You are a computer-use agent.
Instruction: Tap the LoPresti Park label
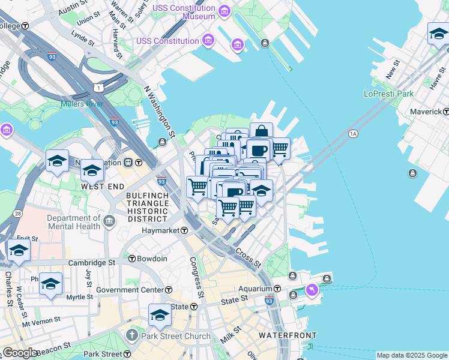pos(388,94)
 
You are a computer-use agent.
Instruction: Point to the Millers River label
pos(82,104)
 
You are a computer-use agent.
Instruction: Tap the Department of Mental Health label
pos(73,222)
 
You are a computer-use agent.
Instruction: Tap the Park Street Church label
pos(175,336)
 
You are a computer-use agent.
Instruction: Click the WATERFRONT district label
pos(288,335)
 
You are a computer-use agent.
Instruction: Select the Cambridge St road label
pos(91,263)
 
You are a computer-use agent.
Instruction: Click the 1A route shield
pos(352,134)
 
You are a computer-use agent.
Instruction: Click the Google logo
pos(20,353)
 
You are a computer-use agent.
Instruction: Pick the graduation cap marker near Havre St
pos(439,34)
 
